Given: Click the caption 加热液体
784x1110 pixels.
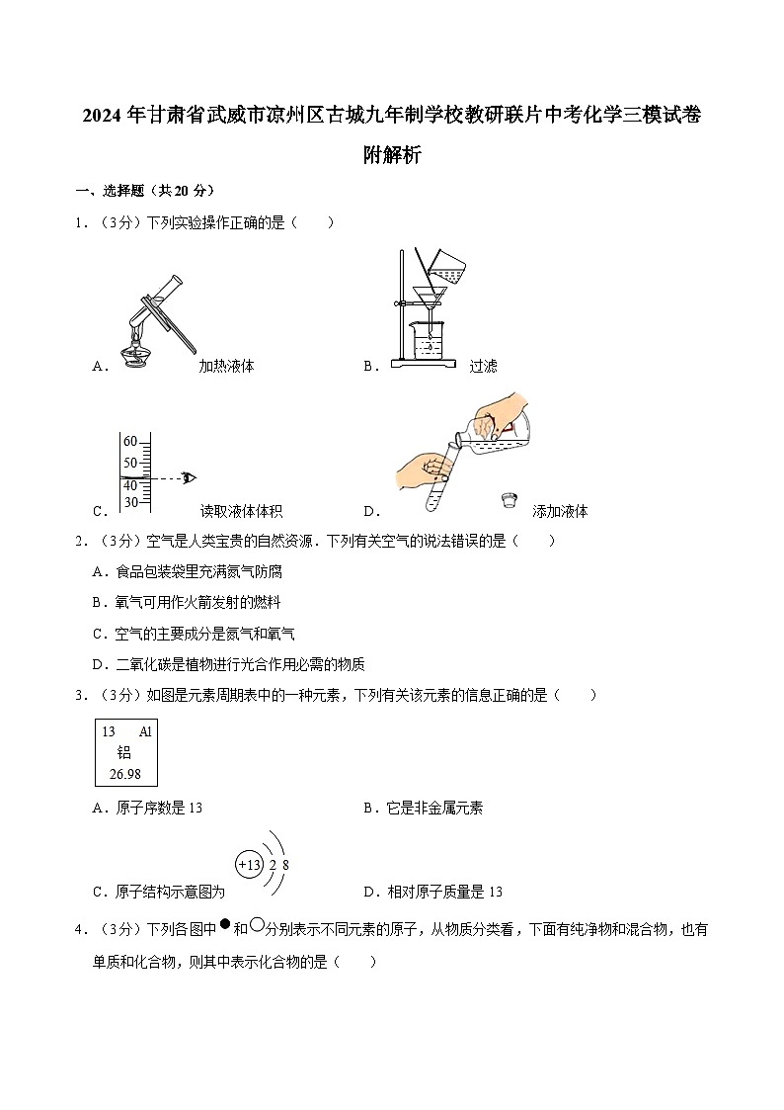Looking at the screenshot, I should click(x=226, y=366).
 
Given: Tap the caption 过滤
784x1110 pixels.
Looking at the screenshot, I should click(x=483, y=366).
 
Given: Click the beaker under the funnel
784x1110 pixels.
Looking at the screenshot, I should click(x=428, y=339).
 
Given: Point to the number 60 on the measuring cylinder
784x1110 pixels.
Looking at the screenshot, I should click(x=130, y=441).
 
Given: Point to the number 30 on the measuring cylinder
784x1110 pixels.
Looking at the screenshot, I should click(x=130, y=502).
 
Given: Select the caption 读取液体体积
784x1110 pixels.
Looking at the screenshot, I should click(x=241, y=511).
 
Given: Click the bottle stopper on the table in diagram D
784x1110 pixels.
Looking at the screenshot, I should click(x=510, y=500).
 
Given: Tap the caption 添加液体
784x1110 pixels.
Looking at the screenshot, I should click(x=560, y=511).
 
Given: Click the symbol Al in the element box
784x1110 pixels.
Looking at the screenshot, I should click(x=145, y=732).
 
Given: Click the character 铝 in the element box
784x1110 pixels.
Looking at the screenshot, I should click(x=124, y=752).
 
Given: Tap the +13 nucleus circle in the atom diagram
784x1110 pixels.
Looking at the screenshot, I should click(x=249, y=865).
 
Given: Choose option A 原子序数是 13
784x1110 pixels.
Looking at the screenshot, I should click(x=146, y=809).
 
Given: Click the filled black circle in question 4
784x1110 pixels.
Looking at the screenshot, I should click(x=224, y=925).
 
